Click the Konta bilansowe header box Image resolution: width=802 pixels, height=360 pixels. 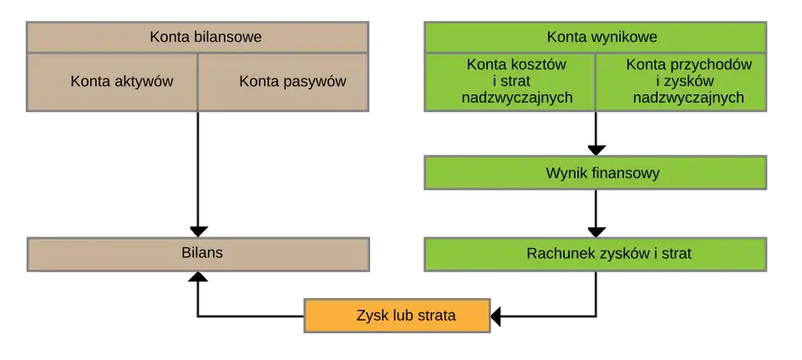point(198,38)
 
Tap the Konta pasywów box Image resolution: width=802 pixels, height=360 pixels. point(284,82)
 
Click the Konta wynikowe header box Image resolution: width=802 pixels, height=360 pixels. point(596,38)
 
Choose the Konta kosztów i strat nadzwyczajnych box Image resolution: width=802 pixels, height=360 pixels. point(510,82)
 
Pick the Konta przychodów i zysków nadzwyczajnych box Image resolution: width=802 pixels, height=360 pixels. point(682,82)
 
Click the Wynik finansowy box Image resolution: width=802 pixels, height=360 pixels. point(596,174)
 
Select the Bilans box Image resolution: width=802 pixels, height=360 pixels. point(198,253)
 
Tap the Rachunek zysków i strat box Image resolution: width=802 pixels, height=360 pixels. point(596,253)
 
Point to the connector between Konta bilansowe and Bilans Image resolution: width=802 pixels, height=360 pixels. point(198,171)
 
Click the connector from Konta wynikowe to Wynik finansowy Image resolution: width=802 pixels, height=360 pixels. point(596,132)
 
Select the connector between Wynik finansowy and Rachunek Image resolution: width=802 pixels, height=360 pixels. point(596,213)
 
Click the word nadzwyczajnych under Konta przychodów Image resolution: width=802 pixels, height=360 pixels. point(688,98)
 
